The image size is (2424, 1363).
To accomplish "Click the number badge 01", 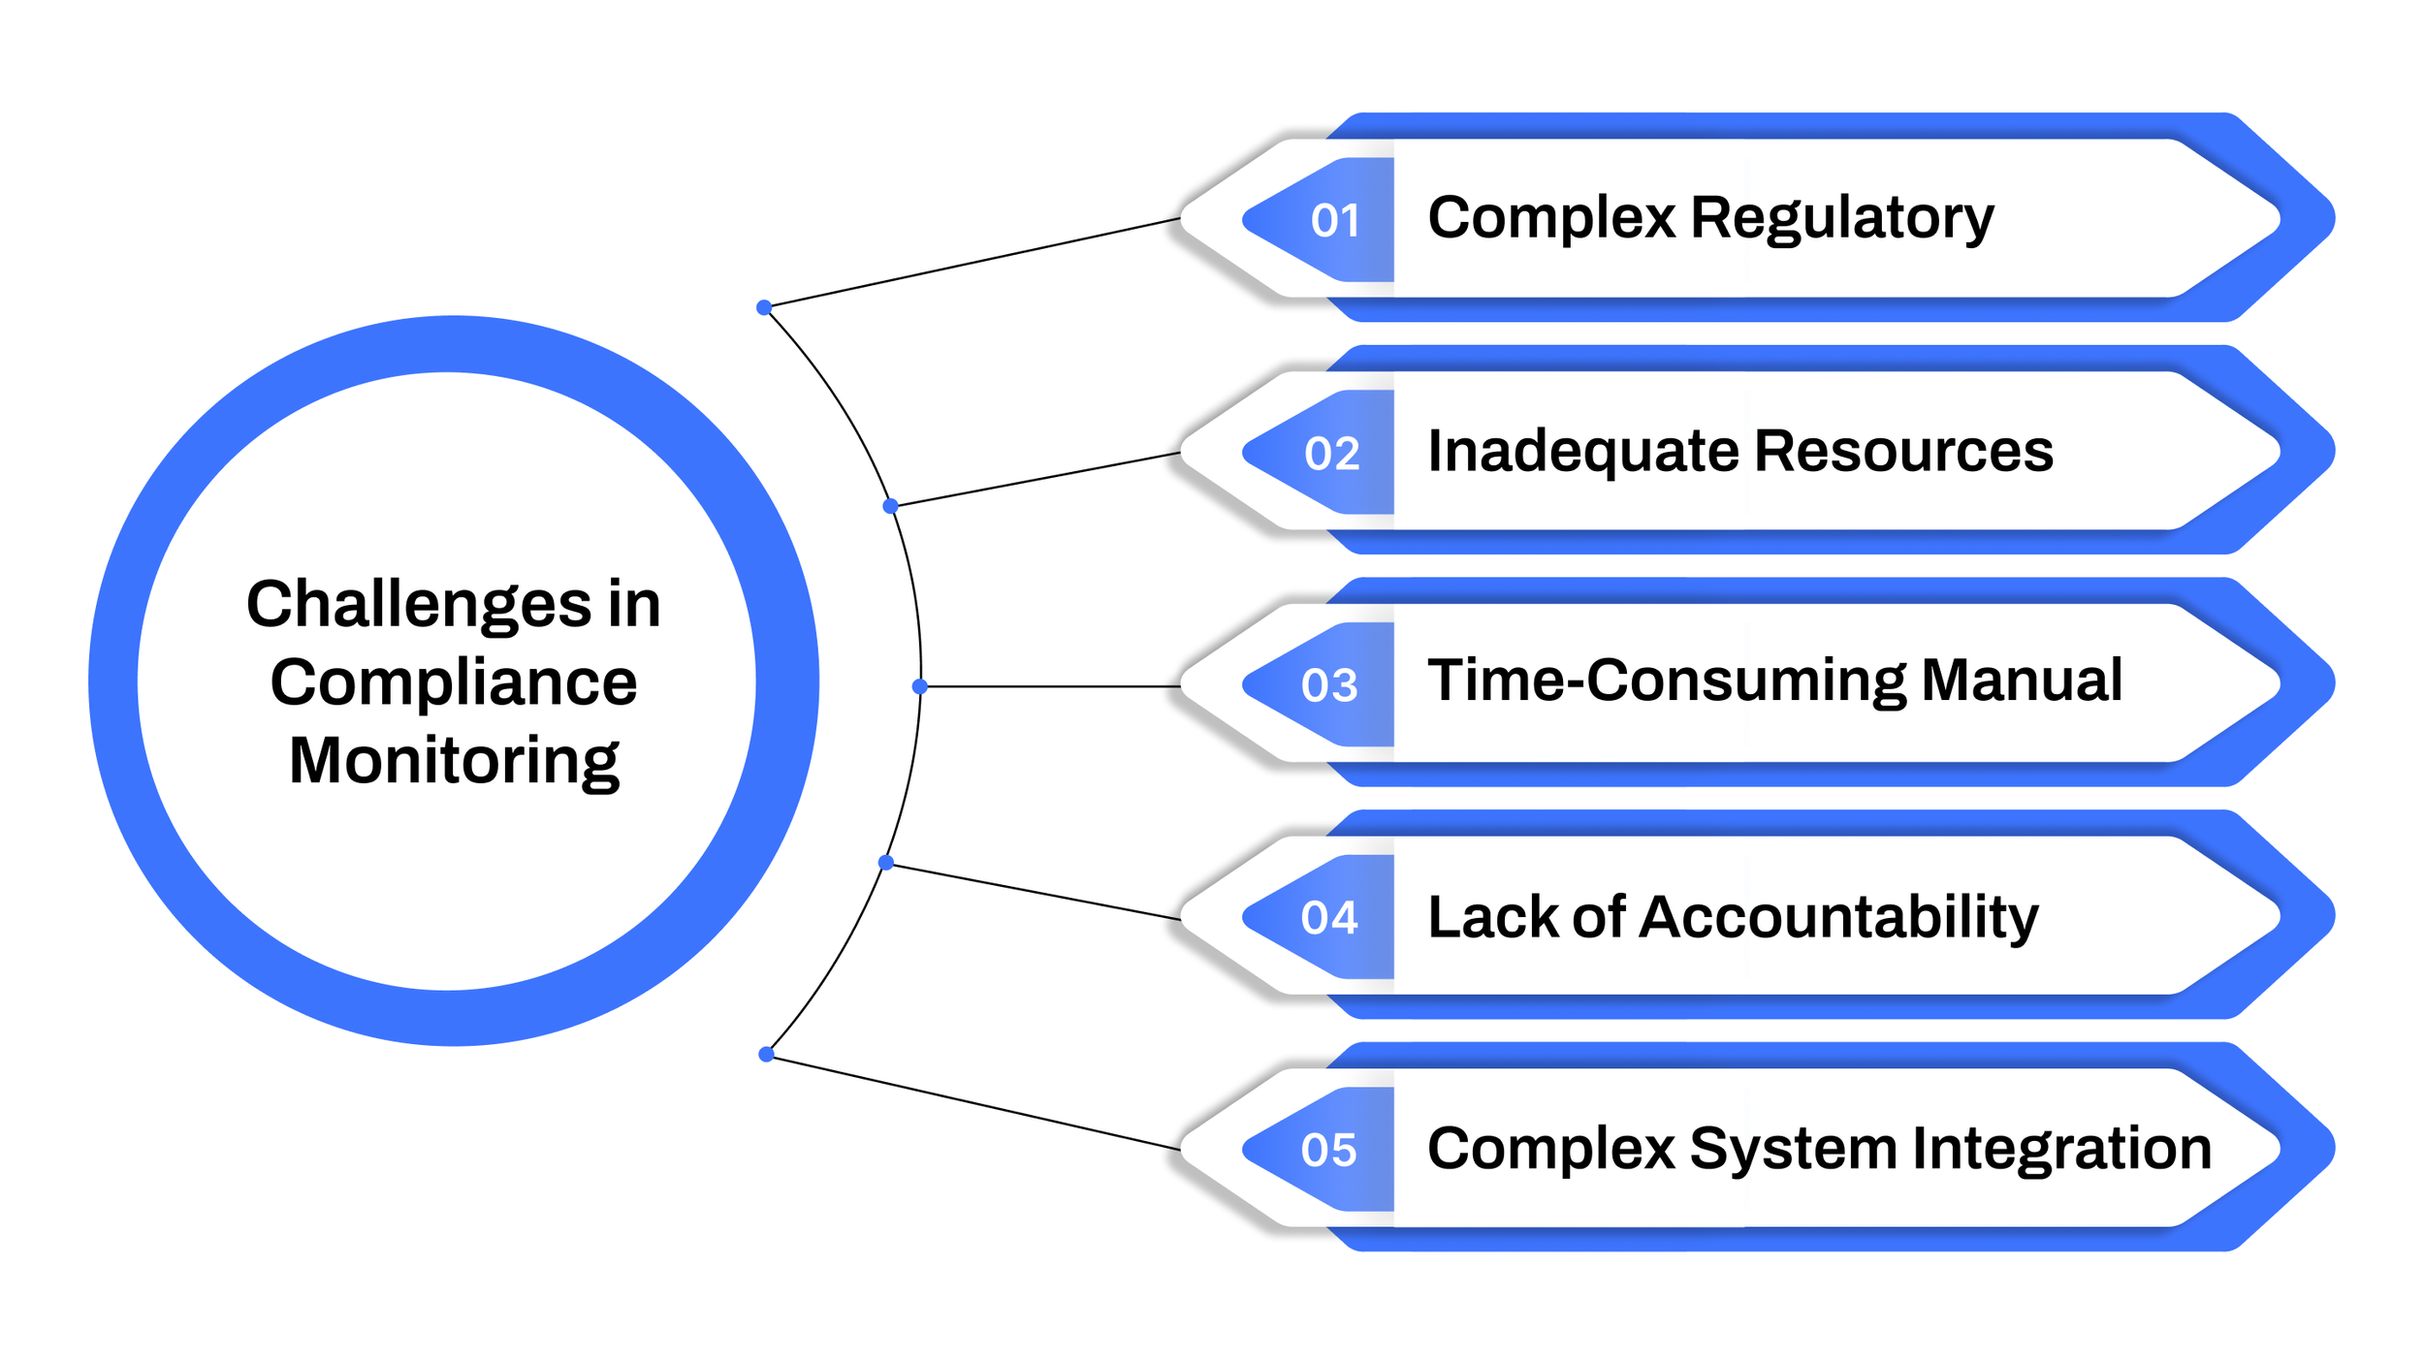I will tap(1334, 221).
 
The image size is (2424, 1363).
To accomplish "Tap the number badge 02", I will tap(1332, 454).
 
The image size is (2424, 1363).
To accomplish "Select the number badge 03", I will tap(1329, 685).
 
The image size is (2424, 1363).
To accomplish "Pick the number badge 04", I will tap(1329, 918).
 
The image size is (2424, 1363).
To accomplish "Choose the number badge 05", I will tap(1329, 1151).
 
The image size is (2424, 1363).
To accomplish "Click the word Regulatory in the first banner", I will tap(1842, 219).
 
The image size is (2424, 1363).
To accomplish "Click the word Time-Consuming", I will tap(1666, 681).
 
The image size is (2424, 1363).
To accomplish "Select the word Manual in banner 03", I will tap(2023, 681).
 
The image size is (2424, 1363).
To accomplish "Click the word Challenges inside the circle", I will tap(419, 606).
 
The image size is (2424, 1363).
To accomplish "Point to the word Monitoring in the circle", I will tap(454, 762).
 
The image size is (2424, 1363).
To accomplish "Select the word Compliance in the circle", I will tap(454, 682).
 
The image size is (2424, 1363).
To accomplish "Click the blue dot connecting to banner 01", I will tap(764, 308).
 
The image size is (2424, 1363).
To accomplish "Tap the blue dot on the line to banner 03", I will tap(920, 686).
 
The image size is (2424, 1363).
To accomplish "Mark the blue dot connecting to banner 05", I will tap(766, 1055).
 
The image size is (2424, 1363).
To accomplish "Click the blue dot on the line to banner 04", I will tap(885, 863).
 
